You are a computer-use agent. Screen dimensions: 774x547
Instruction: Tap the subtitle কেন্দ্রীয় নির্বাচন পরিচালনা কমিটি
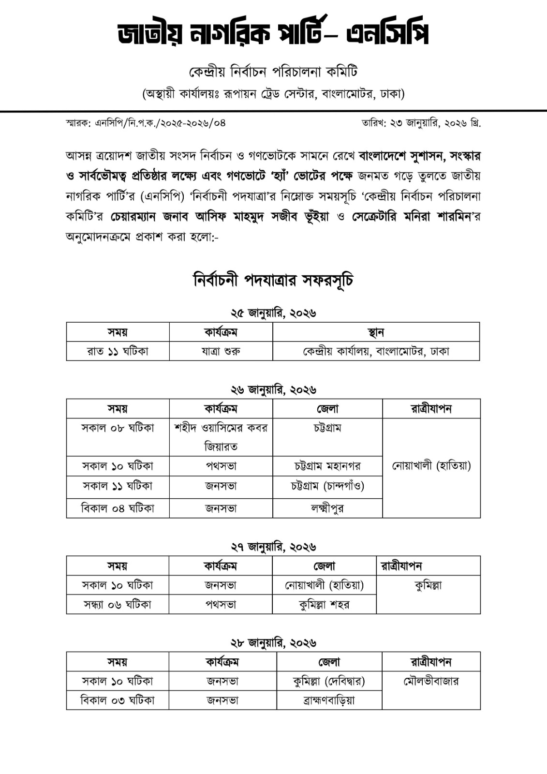click(x=273, y=72)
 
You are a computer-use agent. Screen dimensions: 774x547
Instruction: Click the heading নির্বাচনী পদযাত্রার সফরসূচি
click(x=273, y=280)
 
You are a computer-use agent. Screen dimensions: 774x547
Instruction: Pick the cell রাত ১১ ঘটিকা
click(x=118, y=351)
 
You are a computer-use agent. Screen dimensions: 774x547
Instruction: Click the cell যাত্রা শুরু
click(x=221, y=351)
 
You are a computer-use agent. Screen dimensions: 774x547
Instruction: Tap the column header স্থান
click(x=376, y=332)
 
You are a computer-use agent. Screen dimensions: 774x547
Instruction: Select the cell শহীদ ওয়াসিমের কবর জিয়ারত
click(x=221, y=437)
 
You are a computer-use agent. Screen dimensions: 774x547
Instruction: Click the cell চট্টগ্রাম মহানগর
click(x=327, y=466)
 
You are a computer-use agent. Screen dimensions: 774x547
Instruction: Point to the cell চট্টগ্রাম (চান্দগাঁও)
click(x=327, y=486)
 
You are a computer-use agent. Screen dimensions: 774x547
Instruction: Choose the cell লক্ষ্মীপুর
click(x=327, y=508)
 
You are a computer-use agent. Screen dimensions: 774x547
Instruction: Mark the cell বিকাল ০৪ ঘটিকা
click(x=118, y=508)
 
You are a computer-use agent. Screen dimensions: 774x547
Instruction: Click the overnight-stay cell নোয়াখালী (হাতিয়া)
click(x=431, y=466)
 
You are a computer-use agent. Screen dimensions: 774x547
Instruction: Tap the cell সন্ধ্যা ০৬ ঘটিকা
click(x=118, y=604)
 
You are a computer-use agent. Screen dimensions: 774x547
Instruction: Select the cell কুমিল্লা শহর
click(x=324, y=604)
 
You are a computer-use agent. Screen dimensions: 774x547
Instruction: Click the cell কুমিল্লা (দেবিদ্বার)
click(x=329, y=681)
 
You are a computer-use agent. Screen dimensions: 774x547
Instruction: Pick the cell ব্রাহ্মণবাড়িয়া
click(x=329, y=700)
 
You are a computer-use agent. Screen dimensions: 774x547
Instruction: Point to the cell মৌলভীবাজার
click(x=431, y=681)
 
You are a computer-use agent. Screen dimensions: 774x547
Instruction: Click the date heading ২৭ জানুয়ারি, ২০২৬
click(x=273, y=547)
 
